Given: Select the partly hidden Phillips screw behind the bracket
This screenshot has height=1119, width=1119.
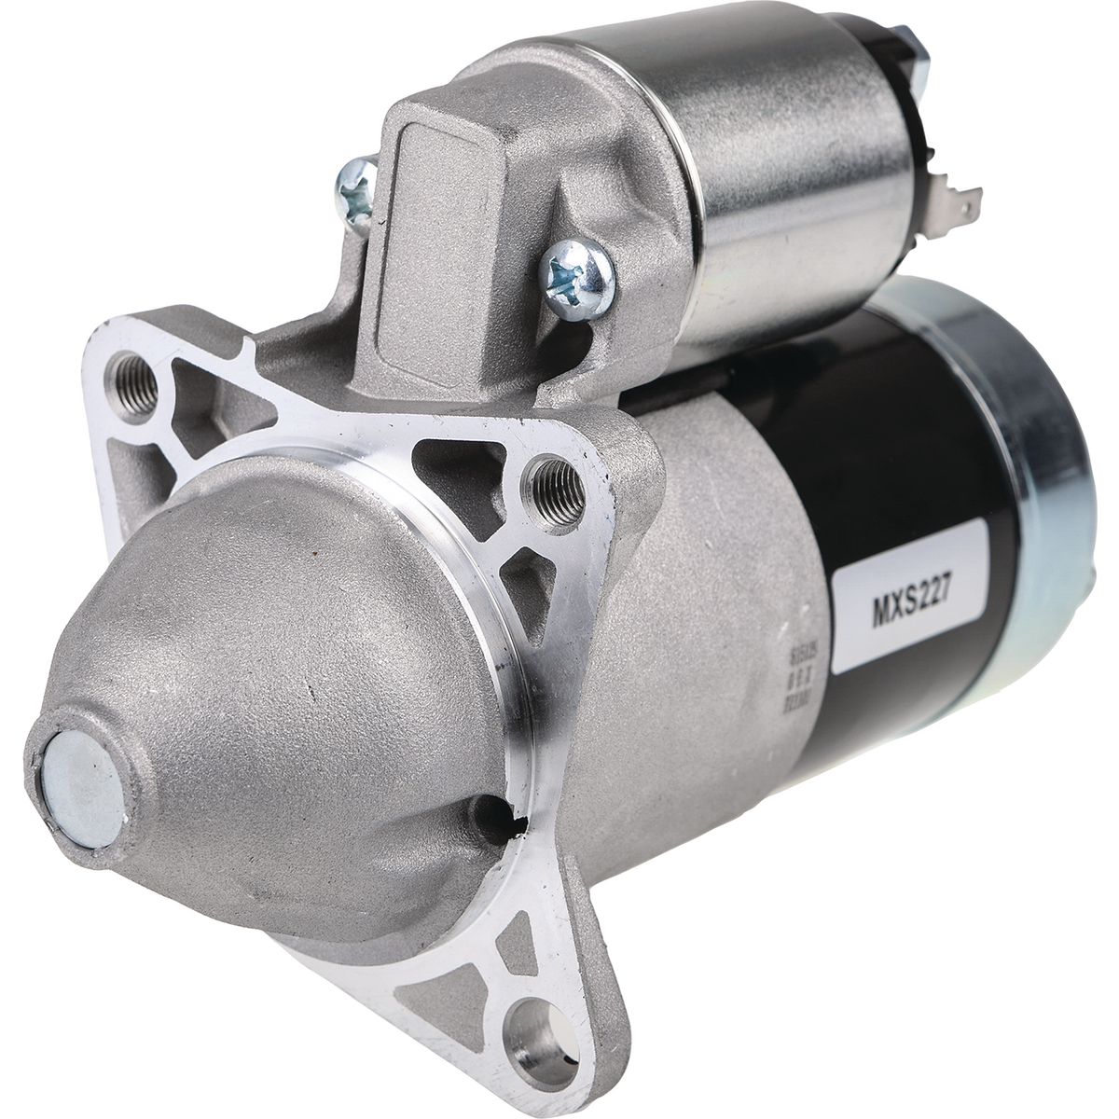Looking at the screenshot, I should (357, 189).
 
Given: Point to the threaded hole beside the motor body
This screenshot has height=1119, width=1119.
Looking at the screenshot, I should (556, 484).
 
